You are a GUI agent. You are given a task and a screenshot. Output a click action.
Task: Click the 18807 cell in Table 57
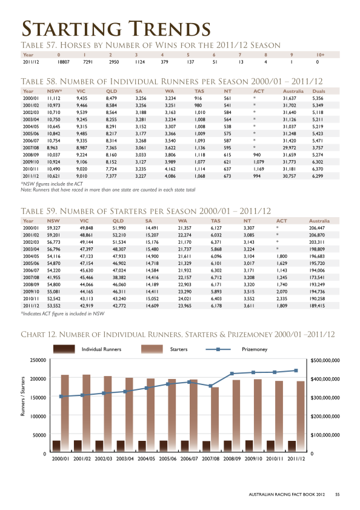click(x=64, y=62)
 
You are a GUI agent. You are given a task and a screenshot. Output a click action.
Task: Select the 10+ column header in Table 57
click(x=321, y=55)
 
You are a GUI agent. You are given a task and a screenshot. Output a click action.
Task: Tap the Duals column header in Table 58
click(x=319, y=91)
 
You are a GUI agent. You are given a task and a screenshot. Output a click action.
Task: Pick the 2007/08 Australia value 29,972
click(x=290, y=148)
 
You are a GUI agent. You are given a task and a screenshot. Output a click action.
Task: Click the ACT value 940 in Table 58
click(x=257, y=155)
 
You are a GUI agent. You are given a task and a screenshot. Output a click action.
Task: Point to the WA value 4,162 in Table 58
click(x=170, y=169)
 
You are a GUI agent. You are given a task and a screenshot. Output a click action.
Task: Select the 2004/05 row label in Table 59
click(x=31, y=257)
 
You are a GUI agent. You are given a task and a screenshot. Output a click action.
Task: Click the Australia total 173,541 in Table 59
click(x=317, y=278)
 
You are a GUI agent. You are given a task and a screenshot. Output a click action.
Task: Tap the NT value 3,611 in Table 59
click(x=248, y=306)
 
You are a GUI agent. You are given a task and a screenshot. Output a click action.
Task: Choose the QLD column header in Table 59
click(x=118, y=221)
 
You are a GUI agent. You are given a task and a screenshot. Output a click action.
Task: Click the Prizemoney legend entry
click(x=255, y=349)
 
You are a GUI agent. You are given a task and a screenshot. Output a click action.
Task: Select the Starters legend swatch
click(x=152, y=349)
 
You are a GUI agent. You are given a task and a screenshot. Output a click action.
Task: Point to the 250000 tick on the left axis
click(x=38, y=360)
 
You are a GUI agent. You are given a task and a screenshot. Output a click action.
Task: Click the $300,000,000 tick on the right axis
click(x=325, y=397)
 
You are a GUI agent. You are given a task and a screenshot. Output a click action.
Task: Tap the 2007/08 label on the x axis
click(x=210, y=459)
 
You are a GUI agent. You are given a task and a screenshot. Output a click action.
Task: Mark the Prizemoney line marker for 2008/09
click(x=232, y=374)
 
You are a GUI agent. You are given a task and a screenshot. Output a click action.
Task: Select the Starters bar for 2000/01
click(x=65, y=413)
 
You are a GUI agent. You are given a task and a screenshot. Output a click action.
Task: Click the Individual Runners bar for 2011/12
click(x=292, y=446)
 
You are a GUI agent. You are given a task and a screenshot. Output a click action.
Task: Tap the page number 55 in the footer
click(x=338, y=494)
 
